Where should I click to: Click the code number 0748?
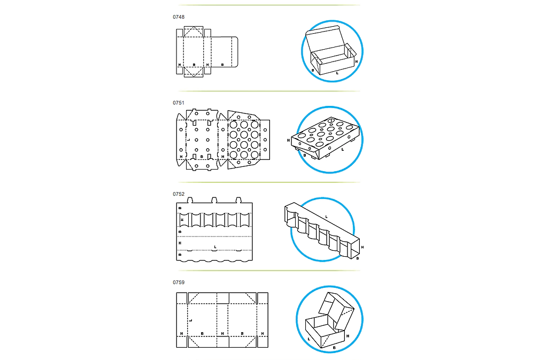point(179,17)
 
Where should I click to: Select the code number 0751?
point(179,103)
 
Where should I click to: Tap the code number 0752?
point(179,194)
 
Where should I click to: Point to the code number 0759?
point(179,282)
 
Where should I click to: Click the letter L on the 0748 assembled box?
point(337,73)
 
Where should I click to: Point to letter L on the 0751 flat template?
point(189,140)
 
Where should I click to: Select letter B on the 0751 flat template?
point(202,157)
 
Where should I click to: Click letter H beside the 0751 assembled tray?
point(288,140)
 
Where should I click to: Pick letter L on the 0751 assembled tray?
point(342,150)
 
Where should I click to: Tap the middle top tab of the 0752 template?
point(214,200)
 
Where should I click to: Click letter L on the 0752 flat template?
point(215,247)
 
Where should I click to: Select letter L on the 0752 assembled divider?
point(327,217)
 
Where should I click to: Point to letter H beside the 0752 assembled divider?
point(362,247)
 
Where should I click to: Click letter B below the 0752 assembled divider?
point(358,258)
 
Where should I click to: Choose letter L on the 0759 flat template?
point(191,320)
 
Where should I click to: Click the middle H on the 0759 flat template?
point(222,333)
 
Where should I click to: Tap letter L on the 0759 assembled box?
point(308,339)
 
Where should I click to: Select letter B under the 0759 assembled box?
point(334,348)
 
